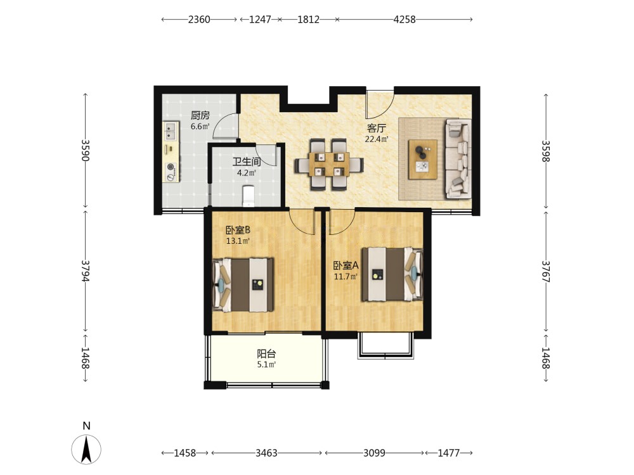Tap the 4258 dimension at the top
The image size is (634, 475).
(x=404, y=20)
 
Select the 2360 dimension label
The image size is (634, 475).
(x=199, y=20)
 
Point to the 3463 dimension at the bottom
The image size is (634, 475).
(x=266, y=453)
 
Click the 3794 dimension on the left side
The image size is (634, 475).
(x=86, y=270)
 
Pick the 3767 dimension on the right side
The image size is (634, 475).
(x=546, y=272)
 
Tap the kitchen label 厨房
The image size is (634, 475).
(x=200, y=115)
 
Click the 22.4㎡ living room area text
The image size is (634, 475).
(x=377, y=139)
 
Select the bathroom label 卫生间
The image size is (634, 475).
(x=246, y=162)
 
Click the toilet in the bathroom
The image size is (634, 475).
(x=248, y=196)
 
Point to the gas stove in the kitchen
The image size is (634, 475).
(x=171, y=172)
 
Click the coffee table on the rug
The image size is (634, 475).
(x=422, y=159)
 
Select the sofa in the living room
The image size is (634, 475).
(x=458, y=159)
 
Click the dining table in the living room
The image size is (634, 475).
(x=329, y=164)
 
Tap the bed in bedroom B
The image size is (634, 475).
(x=243, y=285)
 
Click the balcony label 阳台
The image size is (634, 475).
(x=266, y=354)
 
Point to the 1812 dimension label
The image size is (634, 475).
(x=309, y=20)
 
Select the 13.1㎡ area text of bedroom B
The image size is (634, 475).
(x=238, y=241)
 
